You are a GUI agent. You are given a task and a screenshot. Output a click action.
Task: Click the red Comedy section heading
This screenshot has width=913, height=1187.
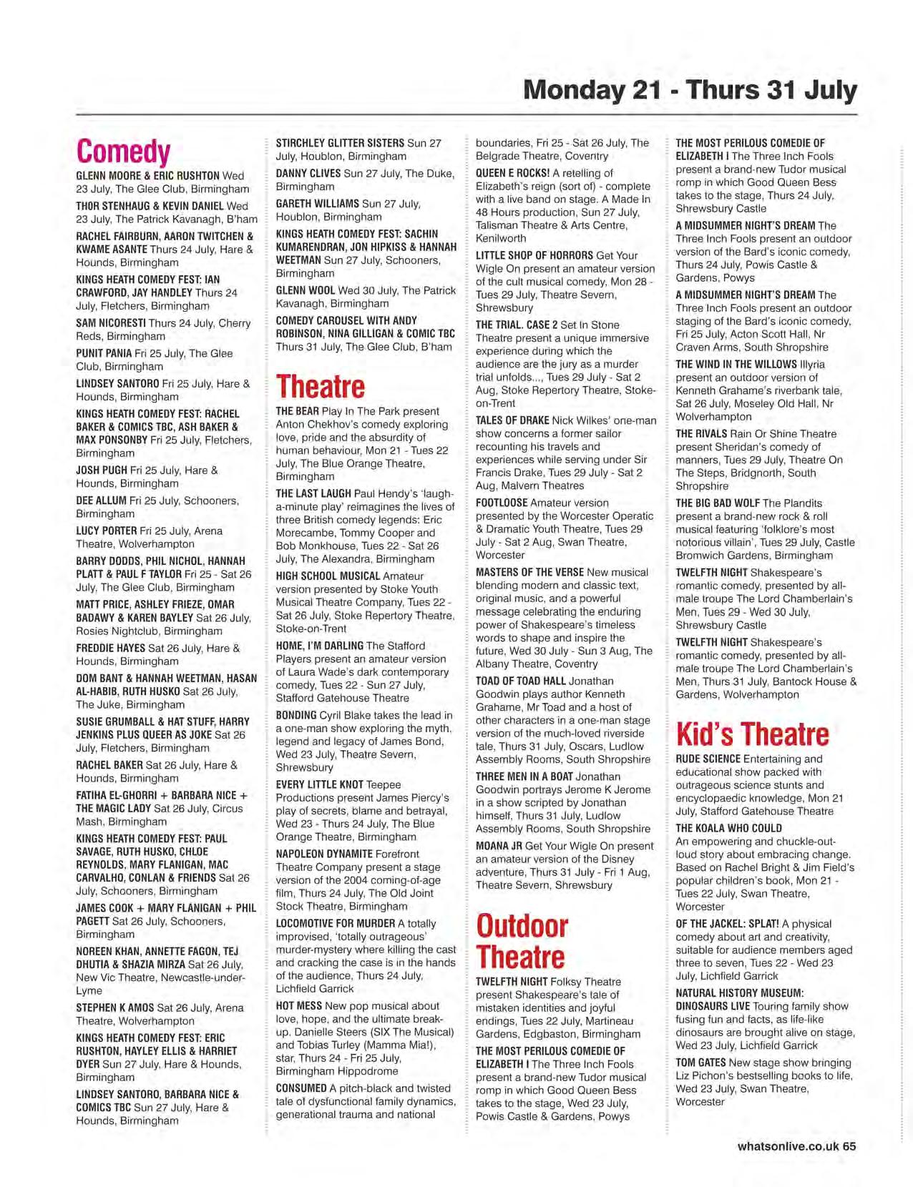pos(123,152)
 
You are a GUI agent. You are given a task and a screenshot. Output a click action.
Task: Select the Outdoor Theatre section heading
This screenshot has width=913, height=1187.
pos(522,941)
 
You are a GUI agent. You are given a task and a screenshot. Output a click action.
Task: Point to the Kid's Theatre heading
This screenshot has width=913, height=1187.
pos(752,734)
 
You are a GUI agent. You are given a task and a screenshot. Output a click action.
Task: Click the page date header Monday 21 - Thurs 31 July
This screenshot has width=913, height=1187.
pos(690,91)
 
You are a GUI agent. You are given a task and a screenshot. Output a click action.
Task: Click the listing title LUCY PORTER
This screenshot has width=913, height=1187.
pos(106,531)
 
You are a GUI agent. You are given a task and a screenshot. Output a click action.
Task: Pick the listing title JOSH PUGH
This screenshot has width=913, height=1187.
pos(102,470)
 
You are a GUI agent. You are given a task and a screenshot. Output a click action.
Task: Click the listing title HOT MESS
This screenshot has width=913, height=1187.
pos(299,1005)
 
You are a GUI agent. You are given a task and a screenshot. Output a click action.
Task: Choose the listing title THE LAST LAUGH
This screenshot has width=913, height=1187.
pos(313,493)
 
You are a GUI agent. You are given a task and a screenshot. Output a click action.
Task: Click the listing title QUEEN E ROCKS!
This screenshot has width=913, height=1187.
pos(512,173)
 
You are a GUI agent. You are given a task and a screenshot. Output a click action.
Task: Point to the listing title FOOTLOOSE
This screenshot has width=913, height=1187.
pos(501,503)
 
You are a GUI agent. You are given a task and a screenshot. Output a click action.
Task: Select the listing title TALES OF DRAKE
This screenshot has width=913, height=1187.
pos(512,420)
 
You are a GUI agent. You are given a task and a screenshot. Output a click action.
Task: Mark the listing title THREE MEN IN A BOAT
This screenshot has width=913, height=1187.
pos(524,777)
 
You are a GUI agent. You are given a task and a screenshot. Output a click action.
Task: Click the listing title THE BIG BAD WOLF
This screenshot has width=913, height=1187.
pos(718,503)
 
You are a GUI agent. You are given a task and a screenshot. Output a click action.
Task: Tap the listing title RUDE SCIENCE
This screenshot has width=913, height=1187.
pos(708,759)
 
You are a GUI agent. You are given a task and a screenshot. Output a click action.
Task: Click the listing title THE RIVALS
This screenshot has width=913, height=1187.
pos(701,433)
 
